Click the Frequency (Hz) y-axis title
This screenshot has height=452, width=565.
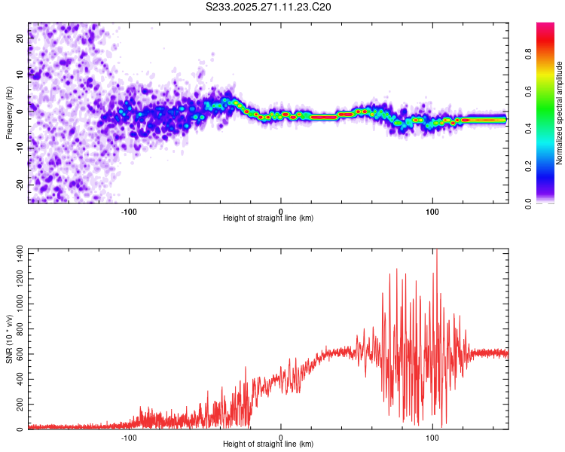pos(9,113)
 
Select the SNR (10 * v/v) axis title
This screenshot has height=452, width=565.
pos(9,339)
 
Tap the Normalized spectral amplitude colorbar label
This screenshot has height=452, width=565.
pos(560,113)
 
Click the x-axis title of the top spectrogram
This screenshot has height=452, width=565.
pos(268,218)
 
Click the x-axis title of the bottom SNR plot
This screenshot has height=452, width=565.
pos(268,444)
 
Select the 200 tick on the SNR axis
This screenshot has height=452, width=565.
pos(18,405)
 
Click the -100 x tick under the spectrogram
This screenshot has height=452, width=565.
pos(129,211)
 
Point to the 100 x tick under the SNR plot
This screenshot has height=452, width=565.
pos(432,437)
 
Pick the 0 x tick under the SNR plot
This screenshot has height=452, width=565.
pos(281,437)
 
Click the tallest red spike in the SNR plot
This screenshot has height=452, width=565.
pos(436,252)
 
